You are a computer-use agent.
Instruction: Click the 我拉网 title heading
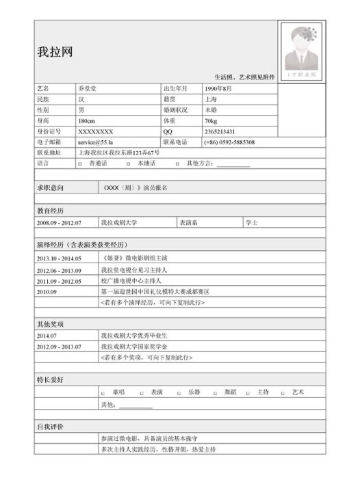[55, 52]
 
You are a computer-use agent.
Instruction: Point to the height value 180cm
[87, 120]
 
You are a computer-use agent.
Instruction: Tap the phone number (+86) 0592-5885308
[229, 142]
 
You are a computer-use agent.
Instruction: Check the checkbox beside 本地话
[129, 164]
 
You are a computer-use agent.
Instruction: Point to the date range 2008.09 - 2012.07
[59, 223]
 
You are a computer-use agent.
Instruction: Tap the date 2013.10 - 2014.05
[59, 258]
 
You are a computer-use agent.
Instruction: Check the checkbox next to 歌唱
[103, 393]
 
